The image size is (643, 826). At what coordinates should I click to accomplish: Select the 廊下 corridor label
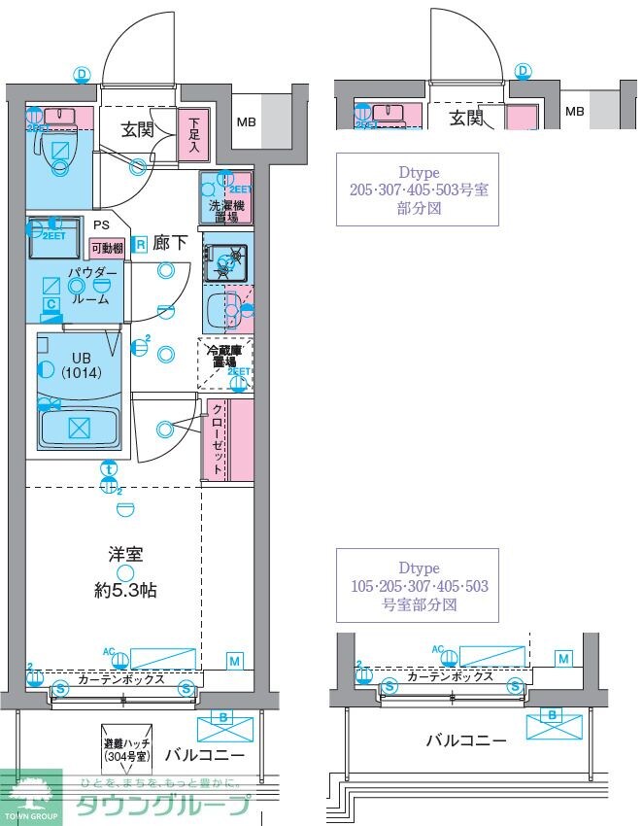(x=170, y=244)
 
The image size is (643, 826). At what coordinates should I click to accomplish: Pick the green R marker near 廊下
(x=140, y=243)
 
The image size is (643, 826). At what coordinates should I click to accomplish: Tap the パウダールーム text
(x=93, y=286)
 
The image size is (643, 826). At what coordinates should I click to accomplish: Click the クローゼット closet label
(x=217, y=436)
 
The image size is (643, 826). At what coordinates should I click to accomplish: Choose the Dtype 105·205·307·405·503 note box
(x=417, y=585)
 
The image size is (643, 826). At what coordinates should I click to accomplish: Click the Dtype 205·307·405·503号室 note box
(x=418, y=189)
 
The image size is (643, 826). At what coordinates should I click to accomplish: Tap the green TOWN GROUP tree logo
(x=31, y=794)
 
